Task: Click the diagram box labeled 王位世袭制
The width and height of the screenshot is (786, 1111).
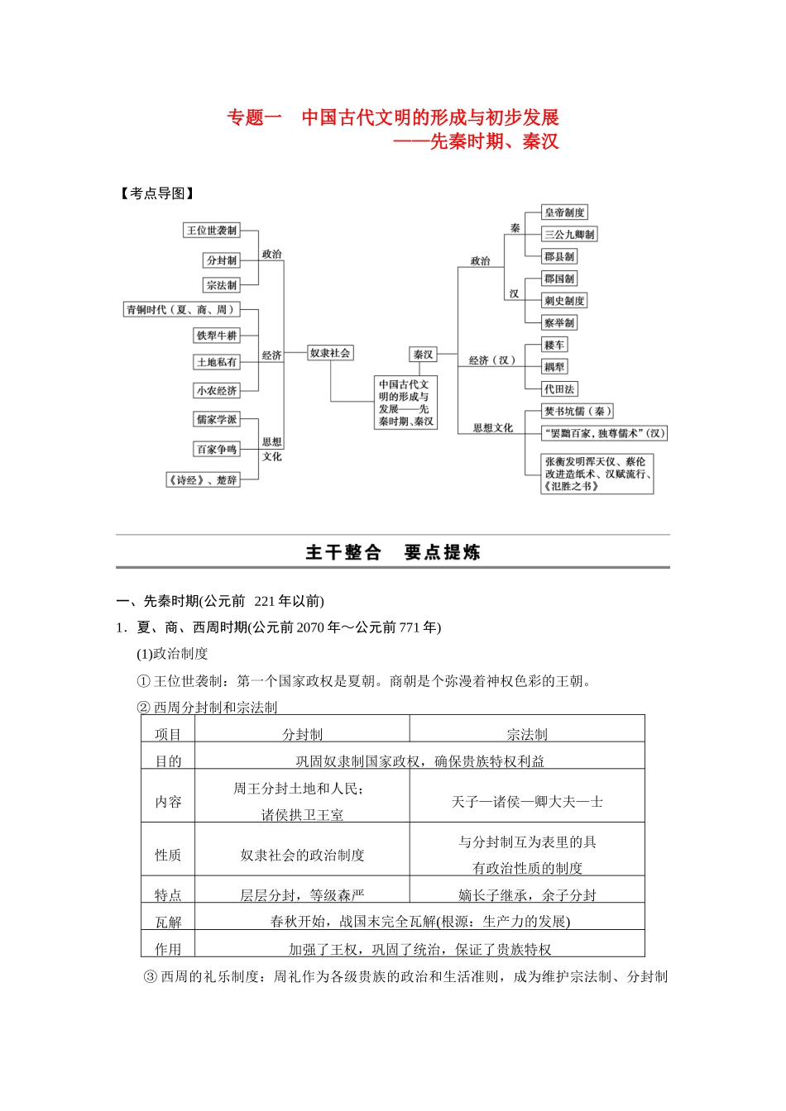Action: pos(212,231)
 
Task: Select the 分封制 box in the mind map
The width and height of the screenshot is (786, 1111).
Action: pos(222,260)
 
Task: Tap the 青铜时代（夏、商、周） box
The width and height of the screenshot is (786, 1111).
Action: pos(181,310)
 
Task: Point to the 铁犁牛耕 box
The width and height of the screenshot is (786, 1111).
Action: pos(217,336)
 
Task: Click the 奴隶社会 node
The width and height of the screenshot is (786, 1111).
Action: pos(330,353)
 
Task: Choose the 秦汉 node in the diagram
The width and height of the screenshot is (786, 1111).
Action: pos(424,355)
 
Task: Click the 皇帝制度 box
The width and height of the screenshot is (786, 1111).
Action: pos(564,212)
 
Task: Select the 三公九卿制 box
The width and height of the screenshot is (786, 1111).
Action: pos(569,235)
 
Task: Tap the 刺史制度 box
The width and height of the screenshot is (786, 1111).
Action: pos(564,301)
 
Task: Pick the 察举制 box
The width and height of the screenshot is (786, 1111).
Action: pos(559,323)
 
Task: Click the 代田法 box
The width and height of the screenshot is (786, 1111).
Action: pos(559,389)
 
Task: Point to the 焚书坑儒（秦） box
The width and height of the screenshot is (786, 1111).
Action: pos(578,411)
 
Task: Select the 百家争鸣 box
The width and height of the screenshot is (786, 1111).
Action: pos(217,450)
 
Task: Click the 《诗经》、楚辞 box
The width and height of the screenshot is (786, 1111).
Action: pos(204,480)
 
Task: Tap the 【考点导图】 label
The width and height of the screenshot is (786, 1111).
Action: pos(156,193)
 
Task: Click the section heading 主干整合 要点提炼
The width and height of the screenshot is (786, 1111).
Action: pos(393,552)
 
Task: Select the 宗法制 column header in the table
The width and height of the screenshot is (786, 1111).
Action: pos(527,734)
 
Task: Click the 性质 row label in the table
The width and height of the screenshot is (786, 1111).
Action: pos(168,855)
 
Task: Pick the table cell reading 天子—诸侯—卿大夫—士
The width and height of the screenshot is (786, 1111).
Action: pos(527,802)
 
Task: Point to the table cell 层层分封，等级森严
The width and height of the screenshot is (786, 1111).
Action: pos(302,895)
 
